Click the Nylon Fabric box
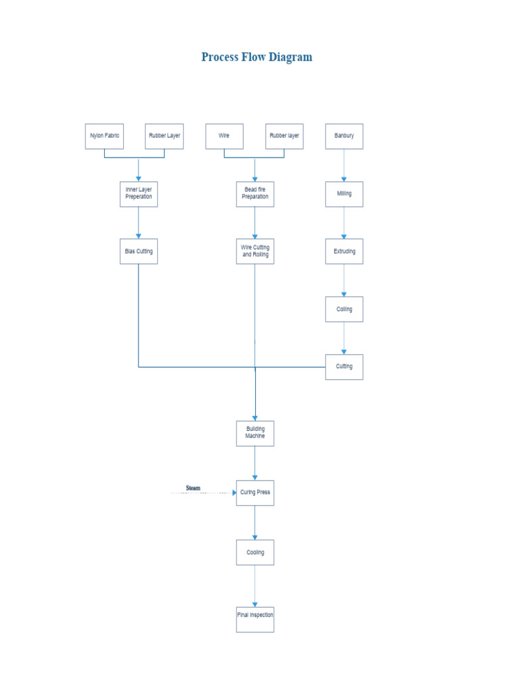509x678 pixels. click(x=104, y=136)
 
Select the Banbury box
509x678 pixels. click(x=344, y=136)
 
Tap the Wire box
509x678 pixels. click(x=224, y=136)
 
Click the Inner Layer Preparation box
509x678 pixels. click(x=139, y=193)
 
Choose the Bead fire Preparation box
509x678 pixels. click(x=255, y=193)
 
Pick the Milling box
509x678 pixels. click(x=344, y=194)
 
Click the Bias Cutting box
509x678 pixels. click(x=139, y=252)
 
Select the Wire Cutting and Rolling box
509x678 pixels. click(x=255, y=252)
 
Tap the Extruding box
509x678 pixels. click(x=344, y=252)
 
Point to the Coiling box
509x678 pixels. click(x=344, y=309)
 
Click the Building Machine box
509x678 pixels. click(x=255, y=433)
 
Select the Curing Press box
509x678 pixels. click(x=255, y=493)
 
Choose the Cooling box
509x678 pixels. click(x=255, y=552)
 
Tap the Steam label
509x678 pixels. click(x=193, y=488)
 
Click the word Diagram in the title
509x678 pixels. click(x=288, y=57)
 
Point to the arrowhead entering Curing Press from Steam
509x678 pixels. click(x=234, y=493)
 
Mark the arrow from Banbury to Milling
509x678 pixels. click(x=344, y=166)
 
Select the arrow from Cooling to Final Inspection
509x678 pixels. click(x=255, y=586)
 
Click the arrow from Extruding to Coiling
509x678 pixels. click(x=344, y=281)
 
